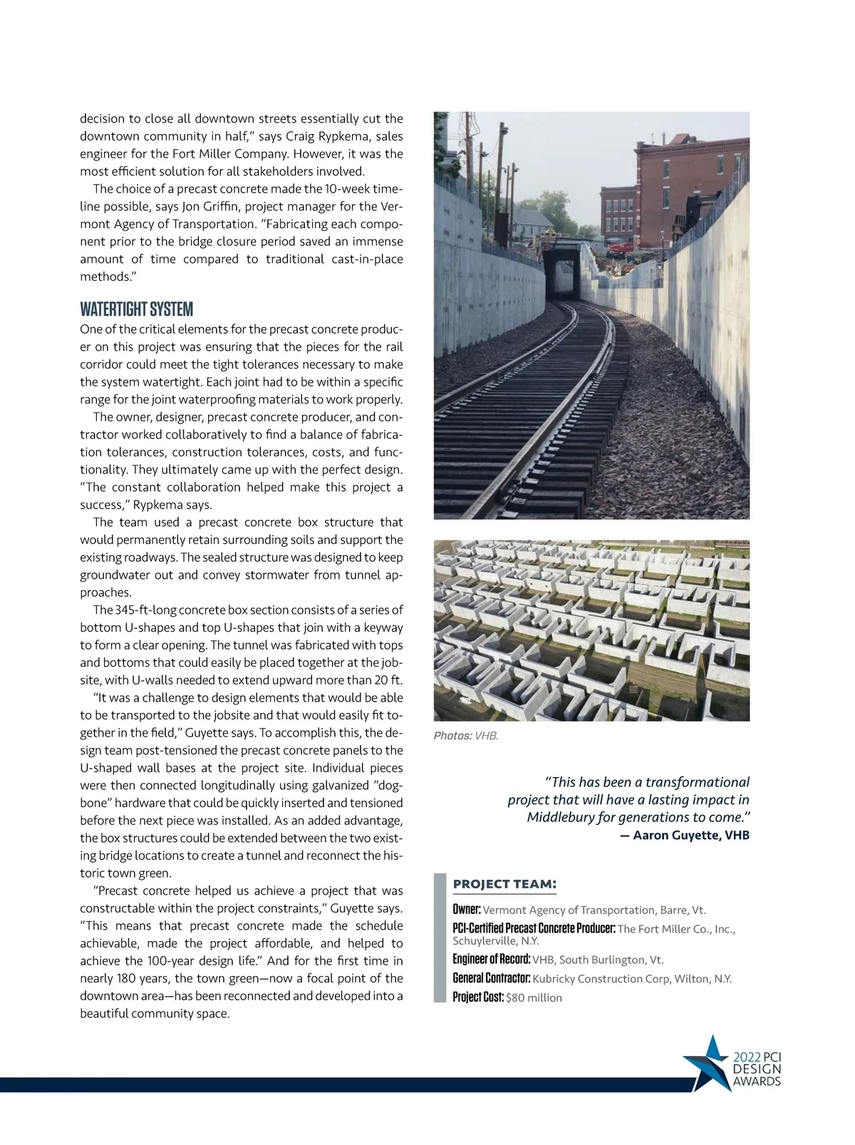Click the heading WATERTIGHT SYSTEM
(x=136, y=309)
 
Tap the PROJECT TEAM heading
(x=504, y=884)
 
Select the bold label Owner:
(x=467, y=910)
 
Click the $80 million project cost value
(x=534, y=997)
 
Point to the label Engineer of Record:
(x=492, y=960)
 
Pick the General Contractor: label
(x=492, y=978)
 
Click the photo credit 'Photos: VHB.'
(x=466, y=736)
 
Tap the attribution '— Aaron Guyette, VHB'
(x=686, y=835)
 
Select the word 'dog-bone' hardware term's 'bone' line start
(x=93, y=803)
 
